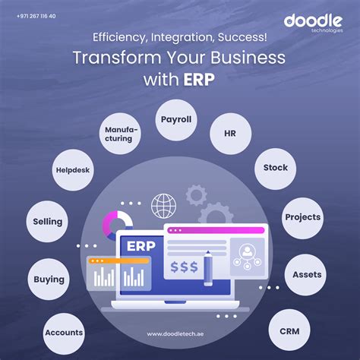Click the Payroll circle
(176, 120)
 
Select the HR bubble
(230, 134)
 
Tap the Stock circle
(275, 169)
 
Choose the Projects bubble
(302, 218)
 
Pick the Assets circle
(305, 275)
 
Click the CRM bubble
(289, 330)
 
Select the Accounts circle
(64, 333)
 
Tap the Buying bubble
(49, 279)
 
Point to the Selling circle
(47, 222)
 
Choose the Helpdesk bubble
(73, 170)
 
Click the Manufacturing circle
(120, 134)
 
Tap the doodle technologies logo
(313, 24)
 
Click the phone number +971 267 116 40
(36, 16)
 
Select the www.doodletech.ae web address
(175, 334)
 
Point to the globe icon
(163, 206)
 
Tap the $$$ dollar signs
(184, 267)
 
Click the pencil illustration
(208, 268)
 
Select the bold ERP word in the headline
(199, 80)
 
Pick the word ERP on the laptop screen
(141, 246)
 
